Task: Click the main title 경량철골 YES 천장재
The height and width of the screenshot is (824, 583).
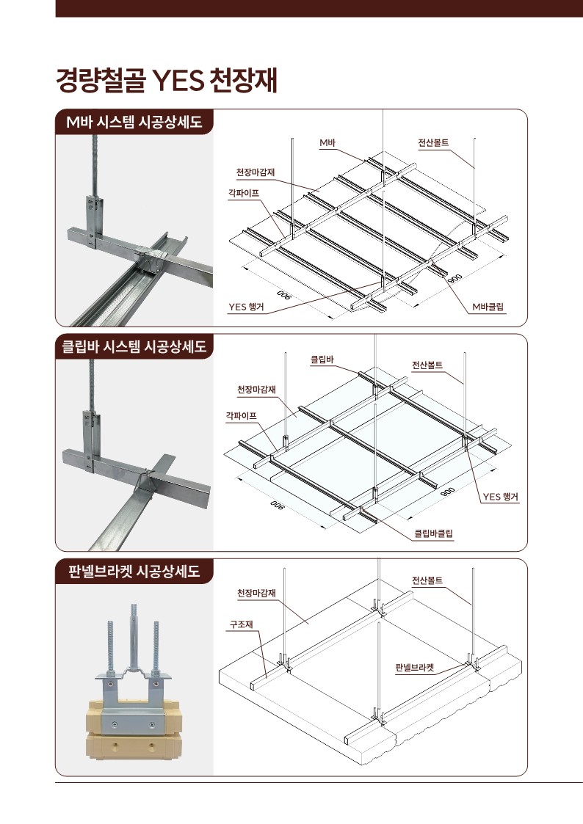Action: click(167, 81)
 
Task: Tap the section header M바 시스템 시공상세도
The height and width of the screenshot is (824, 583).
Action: click(134, 122)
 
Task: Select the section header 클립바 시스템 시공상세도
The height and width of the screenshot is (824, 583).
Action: click(134, 346)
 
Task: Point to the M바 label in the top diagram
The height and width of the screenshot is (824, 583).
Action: click(327, 142)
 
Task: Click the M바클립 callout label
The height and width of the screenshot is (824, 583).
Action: click(489, 307)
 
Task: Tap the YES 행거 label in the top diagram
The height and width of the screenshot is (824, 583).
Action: click(246, 307)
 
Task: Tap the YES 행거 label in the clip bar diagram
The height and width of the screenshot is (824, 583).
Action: click(501, 497)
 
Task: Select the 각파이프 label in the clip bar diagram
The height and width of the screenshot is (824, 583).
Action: click(242, 415)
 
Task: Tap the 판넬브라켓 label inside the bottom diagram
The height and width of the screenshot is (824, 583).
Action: click(415, 668)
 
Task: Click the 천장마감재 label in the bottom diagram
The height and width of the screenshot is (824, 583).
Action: click(256, 593)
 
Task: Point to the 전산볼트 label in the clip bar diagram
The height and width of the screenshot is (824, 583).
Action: click(427, 365)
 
